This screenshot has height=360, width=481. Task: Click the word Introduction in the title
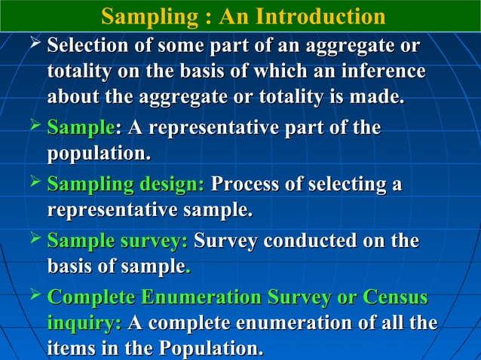pyautogui.click(x=320, y=16)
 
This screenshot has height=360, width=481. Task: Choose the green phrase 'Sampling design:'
pyautogui.click(x=125, y=185)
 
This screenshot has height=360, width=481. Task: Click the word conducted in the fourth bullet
pyautogui.click(x=318, y=242)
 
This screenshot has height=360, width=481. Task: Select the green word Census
pyautogui.click(x=395, y=298)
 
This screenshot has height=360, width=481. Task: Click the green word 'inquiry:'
pyautogui.click(x=84, y=324)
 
